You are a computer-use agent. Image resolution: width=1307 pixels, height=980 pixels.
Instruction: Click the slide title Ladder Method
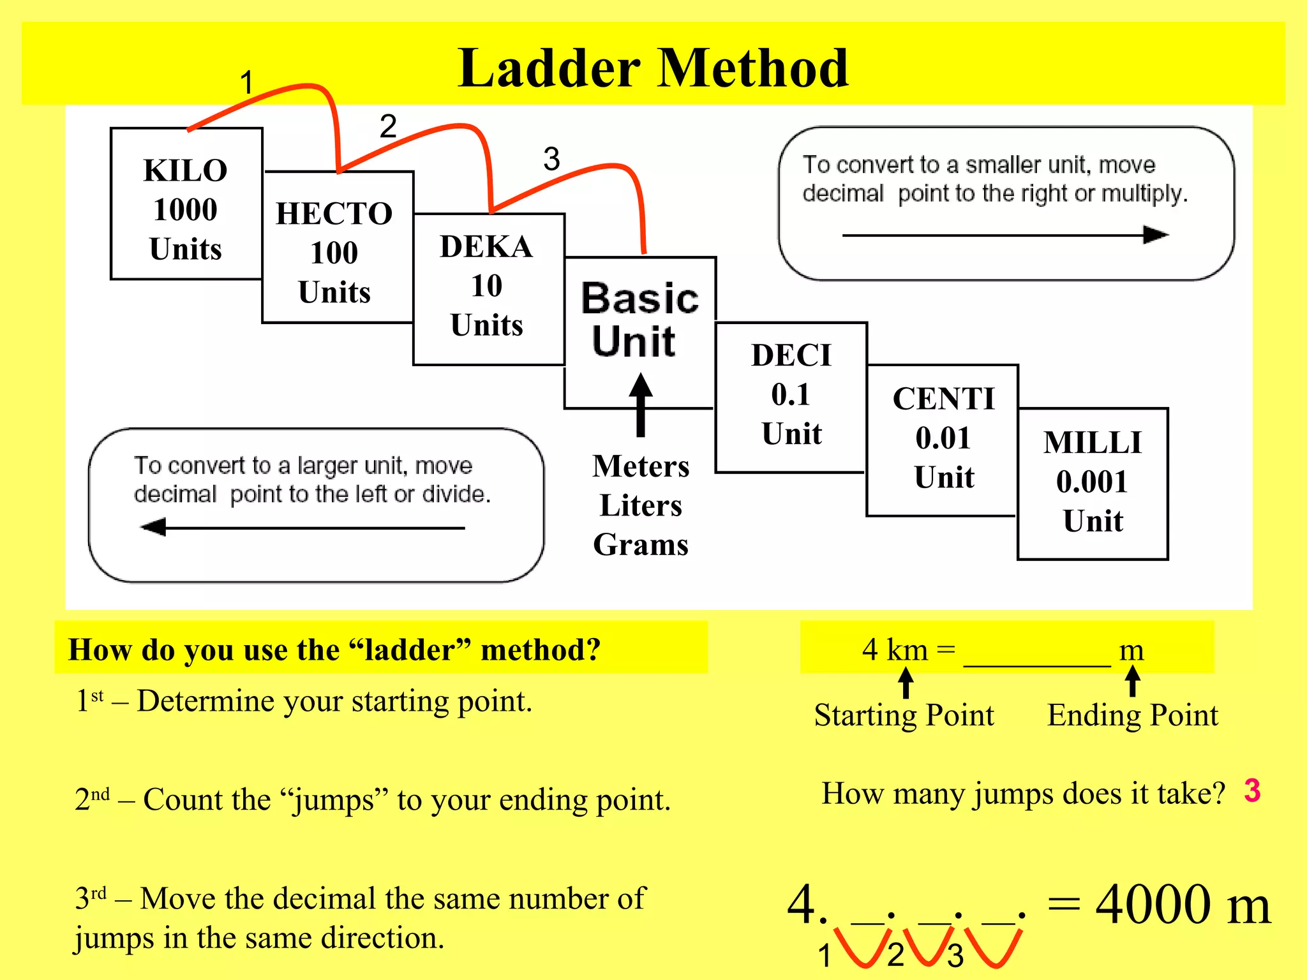pyautogui.click(x=653, y=68)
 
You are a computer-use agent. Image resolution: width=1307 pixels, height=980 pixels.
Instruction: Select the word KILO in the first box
pyautogui.click(x=185, y=171)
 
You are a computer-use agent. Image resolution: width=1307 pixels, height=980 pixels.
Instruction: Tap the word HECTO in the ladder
pyautogui.click(x=334, y=214)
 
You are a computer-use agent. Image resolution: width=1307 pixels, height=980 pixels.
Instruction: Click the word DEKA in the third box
pyautogui.click(x=486, y=247)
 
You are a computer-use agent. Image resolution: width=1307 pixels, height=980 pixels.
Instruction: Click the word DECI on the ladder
pyautogui.click(x=791, y=355)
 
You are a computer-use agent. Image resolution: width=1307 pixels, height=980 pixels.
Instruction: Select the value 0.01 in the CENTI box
pyautogui.click(x=943, y=438)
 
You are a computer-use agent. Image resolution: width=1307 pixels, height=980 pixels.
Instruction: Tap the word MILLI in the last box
pyautogui.click(x=1093, y=443)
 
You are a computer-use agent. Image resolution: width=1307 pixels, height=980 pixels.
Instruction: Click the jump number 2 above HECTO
pyautogui.click(x=388, y=126)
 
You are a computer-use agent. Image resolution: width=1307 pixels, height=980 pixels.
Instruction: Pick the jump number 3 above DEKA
pyautogui.click(x=551, y=159)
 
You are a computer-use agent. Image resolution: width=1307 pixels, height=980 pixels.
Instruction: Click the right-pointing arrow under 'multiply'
pyautogui.click(x=1005, y=235)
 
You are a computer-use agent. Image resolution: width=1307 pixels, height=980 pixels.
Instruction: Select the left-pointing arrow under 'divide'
pyautogui.click(x=302, y=528)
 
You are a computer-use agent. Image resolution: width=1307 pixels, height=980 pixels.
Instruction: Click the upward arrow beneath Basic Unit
pyautogui.click(x=641, y=406)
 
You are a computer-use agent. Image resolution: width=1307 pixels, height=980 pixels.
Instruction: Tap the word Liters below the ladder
pyautogui.click(x=641, y=505)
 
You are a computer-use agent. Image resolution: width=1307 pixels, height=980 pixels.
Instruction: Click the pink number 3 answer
pyautogui.click(x=1252, y=791)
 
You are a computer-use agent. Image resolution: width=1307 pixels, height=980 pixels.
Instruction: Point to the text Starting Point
pyautogui.click(x=904, y=715)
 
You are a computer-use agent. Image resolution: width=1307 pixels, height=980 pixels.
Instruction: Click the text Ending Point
pyautogui.click(x=1133, y=715)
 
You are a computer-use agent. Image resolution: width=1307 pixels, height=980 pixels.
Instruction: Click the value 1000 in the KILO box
pyautogui.click(x=185, y=210)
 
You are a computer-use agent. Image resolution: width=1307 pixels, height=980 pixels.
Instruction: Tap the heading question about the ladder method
pyautogui.click(x=334, y=650)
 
